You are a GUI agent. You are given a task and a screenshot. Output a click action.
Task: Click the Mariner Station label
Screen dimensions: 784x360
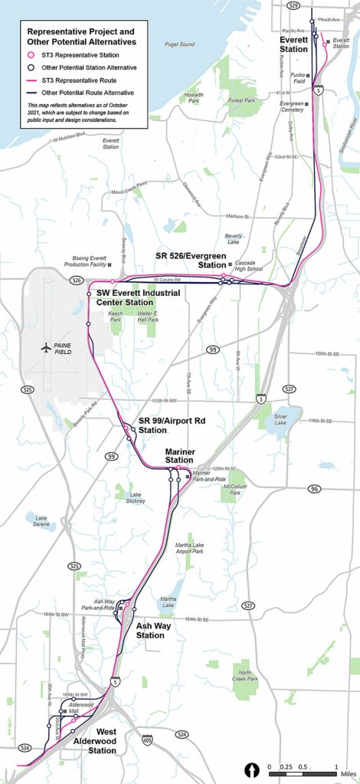(181, 458)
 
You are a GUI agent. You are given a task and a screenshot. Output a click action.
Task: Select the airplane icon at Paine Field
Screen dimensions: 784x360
(48, 347)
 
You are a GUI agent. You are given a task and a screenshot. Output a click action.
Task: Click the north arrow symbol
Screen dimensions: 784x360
(250, 769)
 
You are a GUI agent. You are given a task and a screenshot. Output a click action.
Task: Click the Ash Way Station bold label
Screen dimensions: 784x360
(150, 631)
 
